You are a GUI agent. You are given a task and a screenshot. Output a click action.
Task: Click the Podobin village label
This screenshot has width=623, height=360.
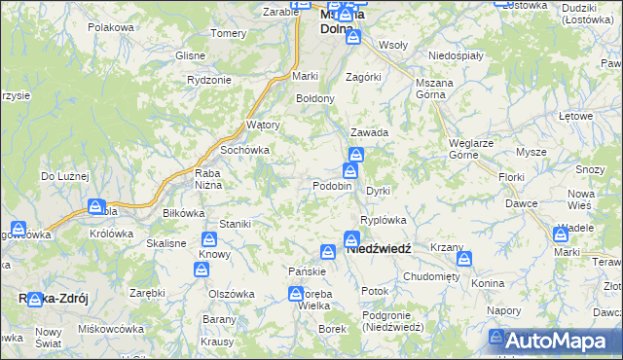tap(331, 186)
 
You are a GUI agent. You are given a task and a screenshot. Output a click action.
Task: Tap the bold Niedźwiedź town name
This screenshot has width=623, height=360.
tap(379, 249)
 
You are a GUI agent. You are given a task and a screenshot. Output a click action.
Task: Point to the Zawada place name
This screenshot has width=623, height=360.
tap(370, 132)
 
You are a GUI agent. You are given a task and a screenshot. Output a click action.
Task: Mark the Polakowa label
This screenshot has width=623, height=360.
tap(110, 27)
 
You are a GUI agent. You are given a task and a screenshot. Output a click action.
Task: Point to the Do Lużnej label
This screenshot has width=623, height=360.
tap(64, 176)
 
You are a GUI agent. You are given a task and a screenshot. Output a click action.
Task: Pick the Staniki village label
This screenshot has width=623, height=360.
tap(235, 224)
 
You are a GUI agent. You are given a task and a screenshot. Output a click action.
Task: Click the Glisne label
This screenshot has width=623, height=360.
tap(190, 55)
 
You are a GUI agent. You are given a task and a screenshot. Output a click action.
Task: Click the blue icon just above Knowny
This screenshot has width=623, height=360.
tap(208, 239)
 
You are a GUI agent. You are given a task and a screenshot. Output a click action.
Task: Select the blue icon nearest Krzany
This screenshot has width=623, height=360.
tap(463, 260)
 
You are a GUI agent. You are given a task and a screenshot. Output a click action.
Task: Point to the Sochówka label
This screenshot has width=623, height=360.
tap(244, 151)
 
